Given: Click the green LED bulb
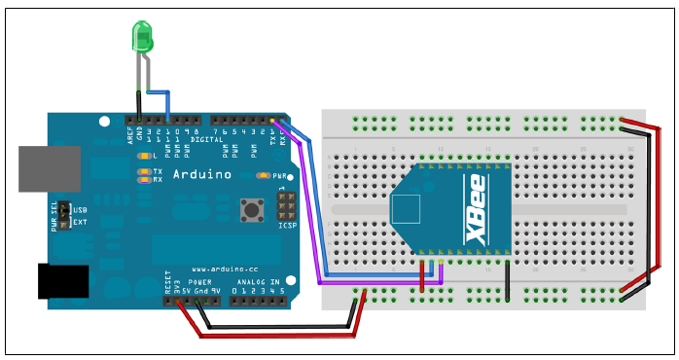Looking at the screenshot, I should pos(143,38).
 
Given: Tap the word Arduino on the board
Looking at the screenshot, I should pos(202,175).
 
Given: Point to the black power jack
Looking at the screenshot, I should pos(62,281).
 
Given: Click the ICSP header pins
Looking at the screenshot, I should pos(286,204).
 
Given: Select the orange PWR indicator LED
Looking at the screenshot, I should pos(263,176).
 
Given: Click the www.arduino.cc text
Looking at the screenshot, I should pos(224,269).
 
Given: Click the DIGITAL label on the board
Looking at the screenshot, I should pos(207,139).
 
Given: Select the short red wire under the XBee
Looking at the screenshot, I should pos(422,274).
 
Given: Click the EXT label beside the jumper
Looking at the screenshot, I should pos(81,222).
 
